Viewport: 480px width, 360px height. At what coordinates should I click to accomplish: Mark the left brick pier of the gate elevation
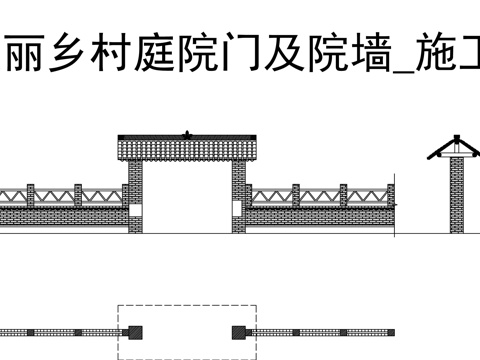tap(134, 197)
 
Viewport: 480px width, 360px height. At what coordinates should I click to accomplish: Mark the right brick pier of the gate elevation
tap(239, 197)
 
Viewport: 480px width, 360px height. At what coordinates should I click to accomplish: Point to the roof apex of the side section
tap(457, 136)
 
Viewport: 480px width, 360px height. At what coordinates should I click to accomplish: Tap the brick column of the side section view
tap(457, 195)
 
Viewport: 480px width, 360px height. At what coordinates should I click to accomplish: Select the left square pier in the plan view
tap(134, 331)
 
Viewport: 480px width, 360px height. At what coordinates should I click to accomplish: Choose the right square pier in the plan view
tap(239, 331)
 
